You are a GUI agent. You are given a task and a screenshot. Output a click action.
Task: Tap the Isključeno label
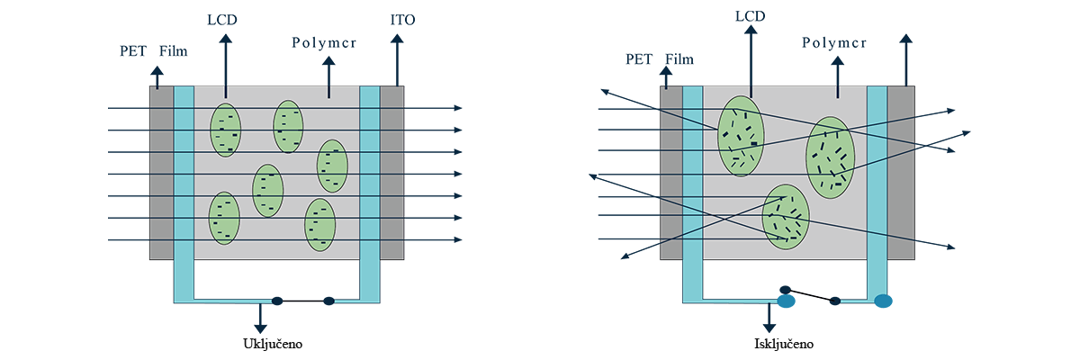(778, 343)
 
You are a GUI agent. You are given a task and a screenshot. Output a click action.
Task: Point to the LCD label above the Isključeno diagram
(750, 16)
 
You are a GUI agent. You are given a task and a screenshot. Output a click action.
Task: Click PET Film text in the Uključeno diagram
(155, 51)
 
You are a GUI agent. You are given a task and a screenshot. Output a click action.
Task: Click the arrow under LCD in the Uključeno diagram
(225, 63)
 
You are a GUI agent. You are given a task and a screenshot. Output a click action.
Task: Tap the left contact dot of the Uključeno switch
(278, 301)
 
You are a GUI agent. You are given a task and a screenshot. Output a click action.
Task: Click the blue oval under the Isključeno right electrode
(883, 301)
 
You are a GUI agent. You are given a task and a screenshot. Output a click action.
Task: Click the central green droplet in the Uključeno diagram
(267, 191)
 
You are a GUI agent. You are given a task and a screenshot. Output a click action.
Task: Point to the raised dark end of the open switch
(785, 290)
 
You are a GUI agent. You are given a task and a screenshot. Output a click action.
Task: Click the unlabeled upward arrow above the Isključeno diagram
(905, 54)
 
